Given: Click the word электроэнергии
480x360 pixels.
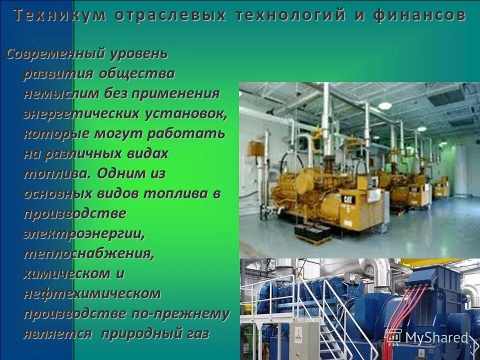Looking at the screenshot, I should click(x=84, y=233).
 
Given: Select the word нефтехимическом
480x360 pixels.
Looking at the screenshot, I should click(x=92, y=293).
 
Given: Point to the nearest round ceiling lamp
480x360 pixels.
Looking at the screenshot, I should click(x=384, y=105).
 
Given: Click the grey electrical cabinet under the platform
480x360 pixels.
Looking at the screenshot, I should click(x=304, y=340).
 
